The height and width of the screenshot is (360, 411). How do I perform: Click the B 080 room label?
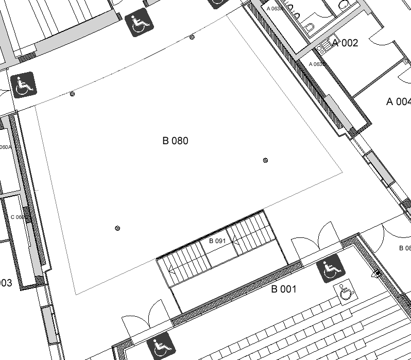click(175, 141)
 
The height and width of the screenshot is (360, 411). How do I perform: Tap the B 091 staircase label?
click(217, 241)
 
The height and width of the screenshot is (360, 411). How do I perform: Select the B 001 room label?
click(284, 289)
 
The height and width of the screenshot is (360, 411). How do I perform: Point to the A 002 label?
click(345, 43)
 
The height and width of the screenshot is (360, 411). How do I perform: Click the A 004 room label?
click(398, 102)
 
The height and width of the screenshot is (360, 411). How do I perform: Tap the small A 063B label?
click(317, 64)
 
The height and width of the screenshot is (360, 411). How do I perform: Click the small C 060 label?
click(18, 217)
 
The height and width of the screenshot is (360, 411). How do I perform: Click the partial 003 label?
click(6, 283)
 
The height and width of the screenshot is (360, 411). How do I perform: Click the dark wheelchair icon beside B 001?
click(330, 268)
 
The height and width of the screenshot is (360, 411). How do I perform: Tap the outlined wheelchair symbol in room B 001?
click(346, 291)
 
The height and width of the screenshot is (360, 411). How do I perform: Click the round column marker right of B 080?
click(265, 160)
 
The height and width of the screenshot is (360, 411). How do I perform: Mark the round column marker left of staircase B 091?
click(117, 228)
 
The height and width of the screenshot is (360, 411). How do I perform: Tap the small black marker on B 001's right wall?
click(379, 273)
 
